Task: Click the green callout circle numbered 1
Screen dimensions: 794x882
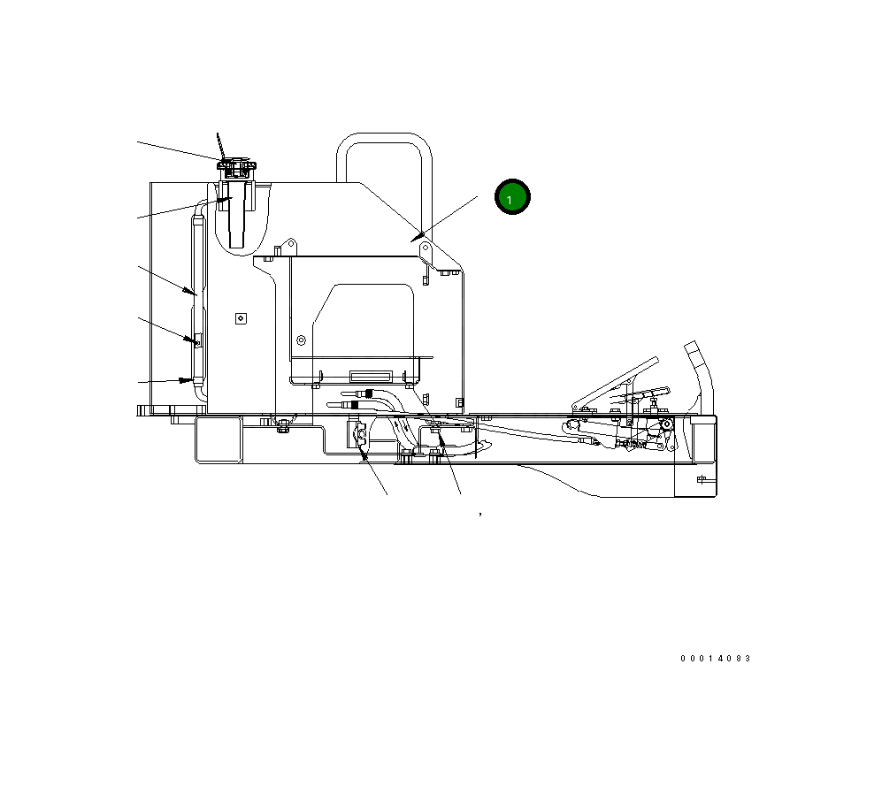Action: (510, 198)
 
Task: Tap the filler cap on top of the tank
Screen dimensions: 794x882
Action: (236, 165)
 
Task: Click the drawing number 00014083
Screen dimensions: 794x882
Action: (715, 659)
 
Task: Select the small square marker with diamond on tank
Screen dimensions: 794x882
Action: (240, 318)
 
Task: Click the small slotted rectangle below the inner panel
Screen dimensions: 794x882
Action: (370, 374)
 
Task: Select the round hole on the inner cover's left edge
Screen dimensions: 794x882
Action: (302, 340)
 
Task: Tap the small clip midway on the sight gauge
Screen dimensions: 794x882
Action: (197, 339)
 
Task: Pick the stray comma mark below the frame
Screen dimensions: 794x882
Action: (480, 513)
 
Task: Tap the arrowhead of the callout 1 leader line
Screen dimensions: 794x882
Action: (413, 236)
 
